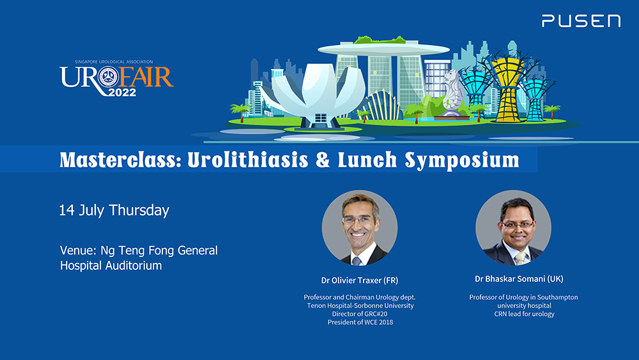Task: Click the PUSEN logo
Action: coord(581,21)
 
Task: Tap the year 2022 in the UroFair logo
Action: coord(122,93)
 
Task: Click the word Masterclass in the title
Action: coord(120,160)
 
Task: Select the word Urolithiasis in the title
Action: coord(248,160)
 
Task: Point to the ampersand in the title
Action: coord(323,160)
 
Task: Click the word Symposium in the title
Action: coord(462,160)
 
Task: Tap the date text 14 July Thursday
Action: coord(114,210)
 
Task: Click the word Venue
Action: coord(78,250)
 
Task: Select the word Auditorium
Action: coord(134,265)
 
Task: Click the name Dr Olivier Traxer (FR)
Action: coord(359,280)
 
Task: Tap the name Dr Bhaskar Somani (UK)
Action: coord(519,279)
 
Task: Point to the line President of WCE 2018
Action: coord(360,322)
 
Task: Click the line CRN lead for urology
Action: coord(524,314)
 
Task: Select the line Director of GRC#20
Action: coord(359,314)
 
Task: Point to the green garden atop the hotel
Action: coord(380,40)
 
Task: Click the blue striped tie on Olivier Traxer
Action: coord(357,261)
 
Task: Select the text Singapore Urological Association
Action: coord(114,62)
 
